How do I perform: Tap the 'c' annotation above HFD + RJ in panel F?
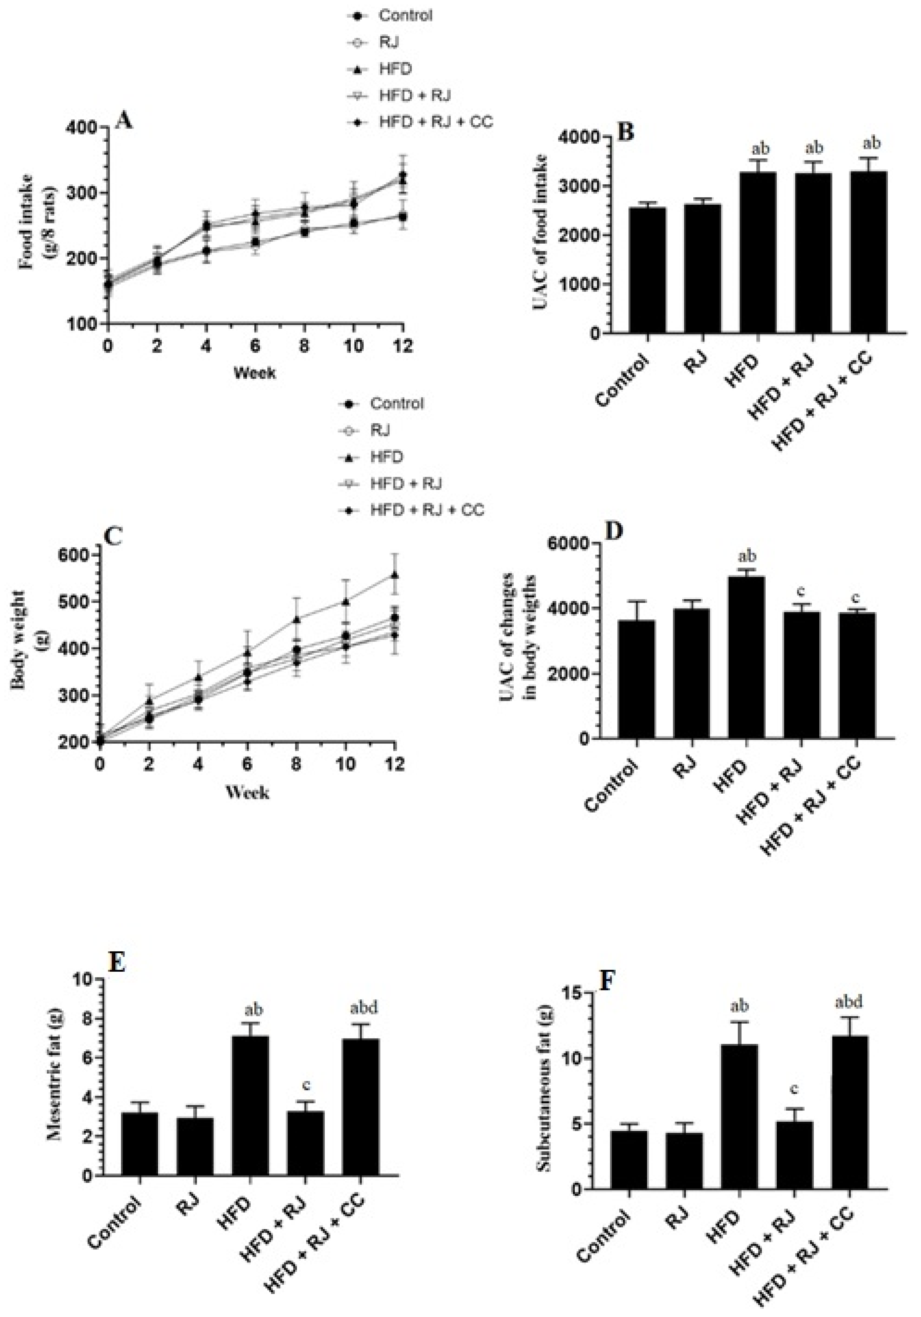point(794,1073)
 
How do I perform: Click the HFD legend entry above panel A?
point(395,69)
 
